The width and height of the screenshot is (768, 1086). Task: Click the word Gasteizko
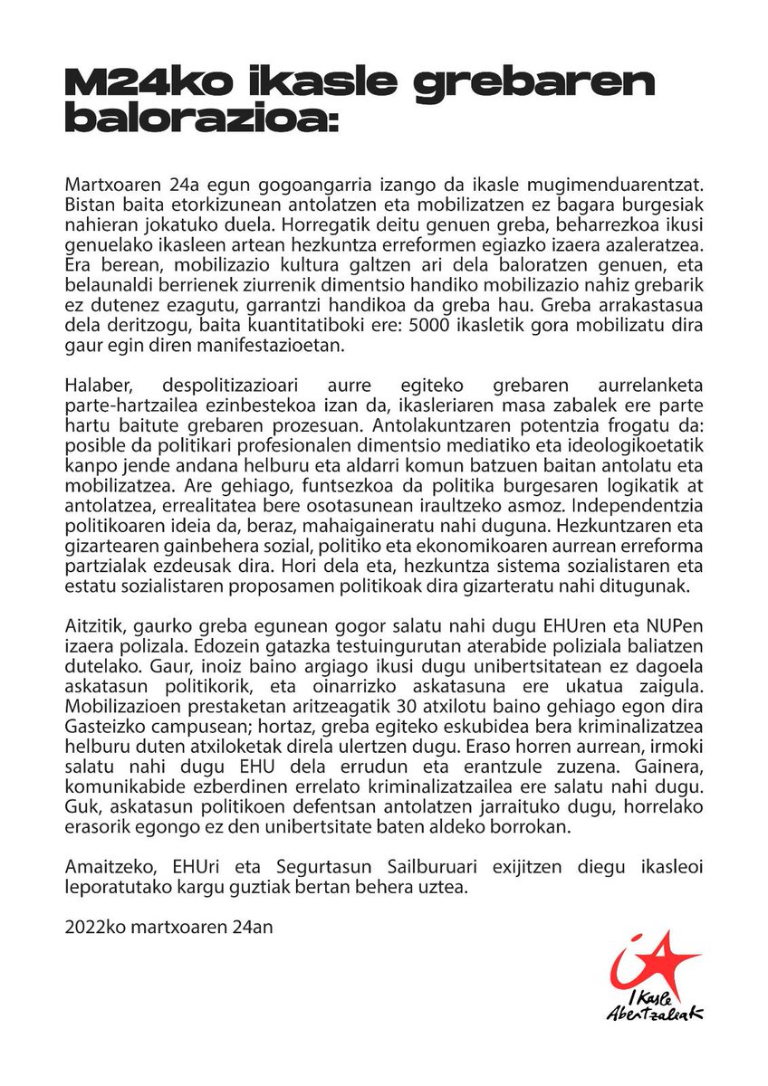[105, 743]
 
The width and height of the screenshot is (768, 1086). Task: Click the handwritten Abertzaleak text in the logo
[654, 1015]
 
